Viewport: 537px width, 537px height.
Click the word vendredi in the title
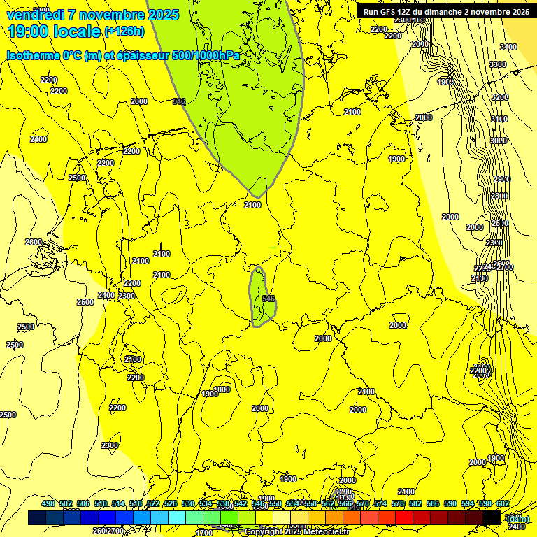[x=35, y=15]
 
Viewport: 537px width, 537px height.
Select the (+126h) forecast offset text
[x=124, y=31]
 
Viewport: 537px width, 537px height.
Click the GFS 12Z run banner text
[x=445, y=11]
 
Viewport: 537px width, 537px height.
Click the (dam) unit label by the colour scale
[x=517, y=518]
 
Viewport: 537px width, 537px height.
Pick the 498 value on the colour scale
[x=48, y=503]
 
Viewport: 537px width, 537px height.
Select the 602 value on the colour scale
[x=502, y=503]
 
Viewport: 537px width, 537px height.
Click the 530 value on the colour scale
[x=188, y=503]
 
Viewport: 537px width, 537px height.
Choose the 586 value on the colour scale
[x=432, y=503]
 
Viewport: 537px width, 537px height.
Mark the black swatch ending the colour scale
[x=492, y=517]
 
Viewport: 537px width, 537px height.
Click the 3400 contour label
[x=508, y=47]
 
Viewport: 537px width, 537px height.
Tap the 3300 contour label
[x=497, y=64]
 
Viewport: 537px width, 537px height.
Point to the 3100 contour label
[x=499, y=120]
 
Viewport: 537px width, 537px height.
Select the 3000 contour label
[x=498, y=141]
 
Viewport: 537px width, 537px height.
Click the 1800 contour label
[x=222, y=389]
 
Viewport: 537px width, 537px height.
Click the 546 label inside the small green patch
[x=268, y=299]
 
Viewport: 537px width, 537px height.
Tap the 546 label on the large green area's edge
[x=179, y=102]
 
